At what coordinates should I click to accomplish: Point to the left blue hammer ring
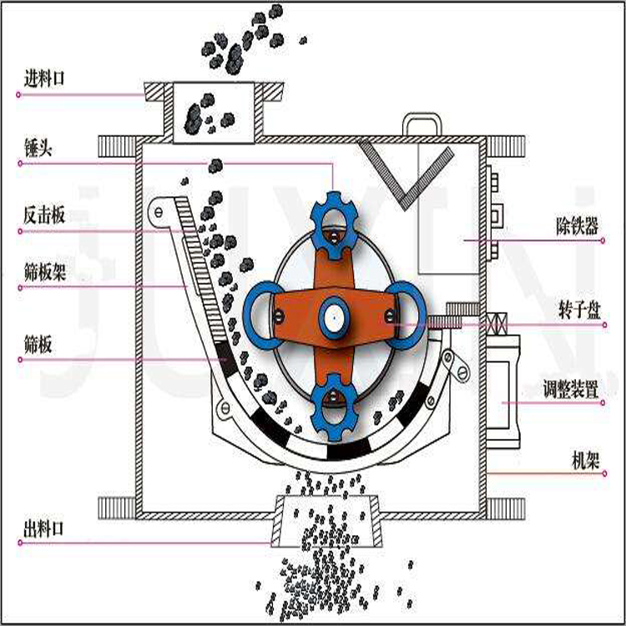[x=265, y=315]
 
